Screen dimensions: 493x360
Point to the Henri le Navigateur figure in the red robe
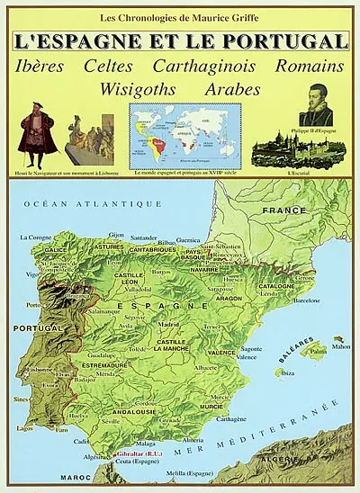point(39,128)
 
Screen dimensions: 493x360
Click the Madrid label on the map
point(169,325)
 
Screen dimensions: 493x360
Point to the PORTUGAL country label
point(31,329)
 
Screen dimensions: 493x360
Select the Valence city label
point(247,357)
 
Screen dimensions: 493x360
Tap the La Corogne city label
point(36,238)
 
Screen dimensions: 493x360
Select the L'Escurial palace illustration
point(288,149)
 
